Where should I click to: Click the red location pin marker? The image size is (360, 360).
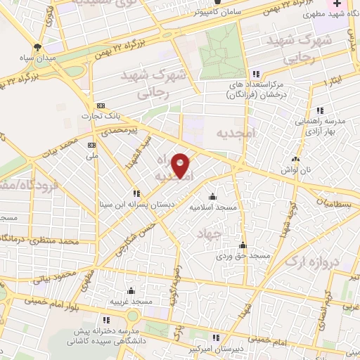[181, 165]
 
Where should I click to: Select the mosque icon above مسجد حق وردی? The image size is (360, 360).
[243, 245]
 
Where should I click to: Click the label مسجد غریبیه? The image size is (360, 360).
[131, 302]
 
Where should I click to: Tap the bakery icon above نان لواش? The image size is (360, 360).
[305, 160]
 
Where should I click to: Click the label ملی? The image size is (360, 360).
[91, 155]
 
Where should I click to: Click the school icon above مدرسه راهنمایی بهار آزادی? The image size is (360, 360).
[320, 110]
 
